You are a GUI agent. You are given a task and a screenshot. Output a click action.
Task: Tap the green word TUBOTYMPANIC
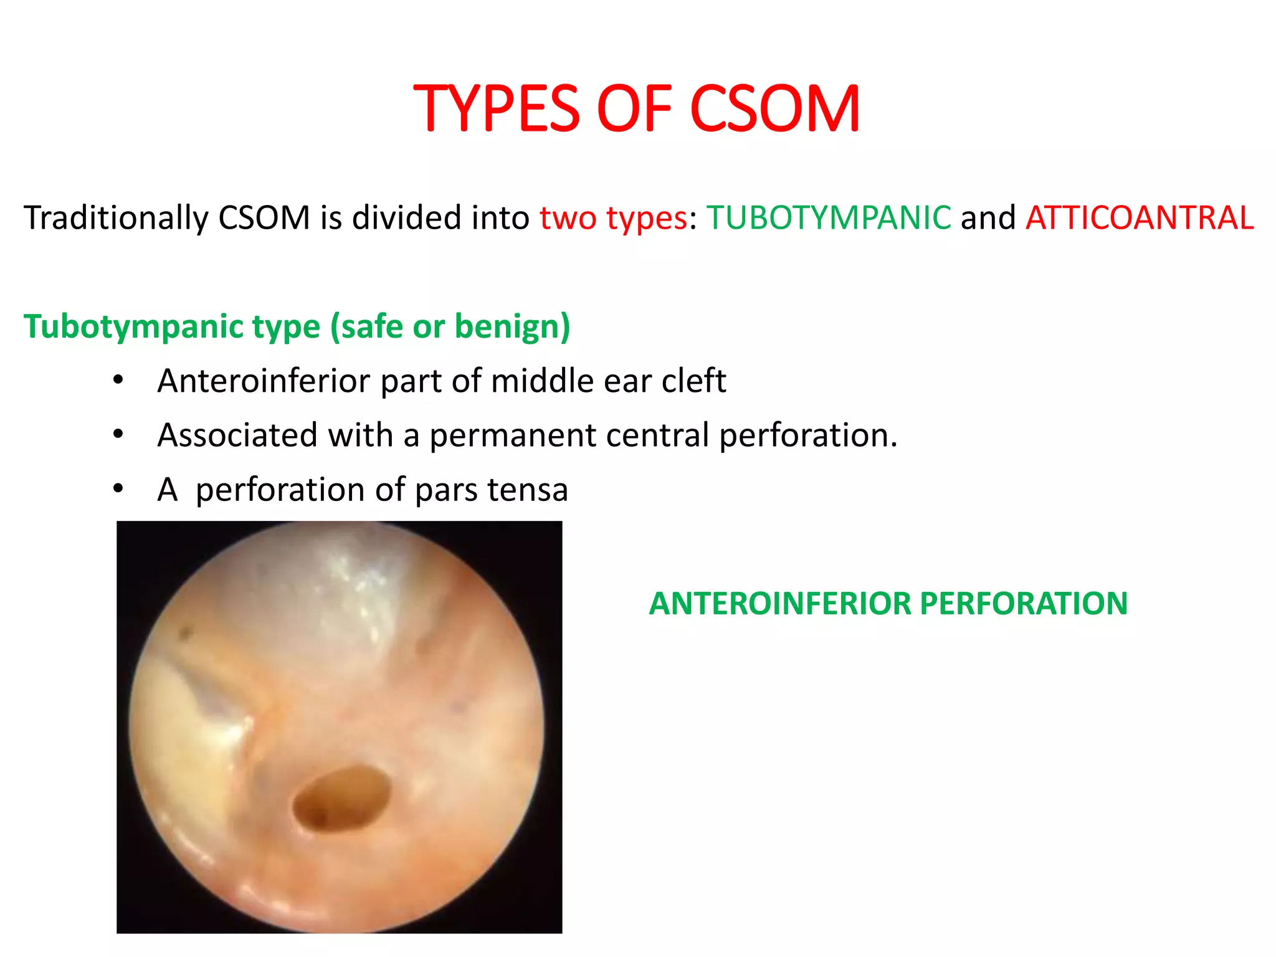(x=829, y=218)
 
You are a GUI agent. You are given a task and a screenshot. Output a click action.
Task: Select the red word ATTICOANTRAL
(x=1139, y=218)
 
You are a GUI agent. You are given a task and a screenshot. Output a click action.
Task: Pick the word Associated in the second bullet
(x=237, y=435)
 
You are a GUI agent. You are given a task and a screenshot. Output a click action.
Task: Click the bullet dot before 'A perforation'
(x=118, y=488)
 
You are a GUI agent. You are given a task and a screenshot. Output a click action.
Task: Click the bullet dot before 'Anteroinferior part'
(x=118, y=379)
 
